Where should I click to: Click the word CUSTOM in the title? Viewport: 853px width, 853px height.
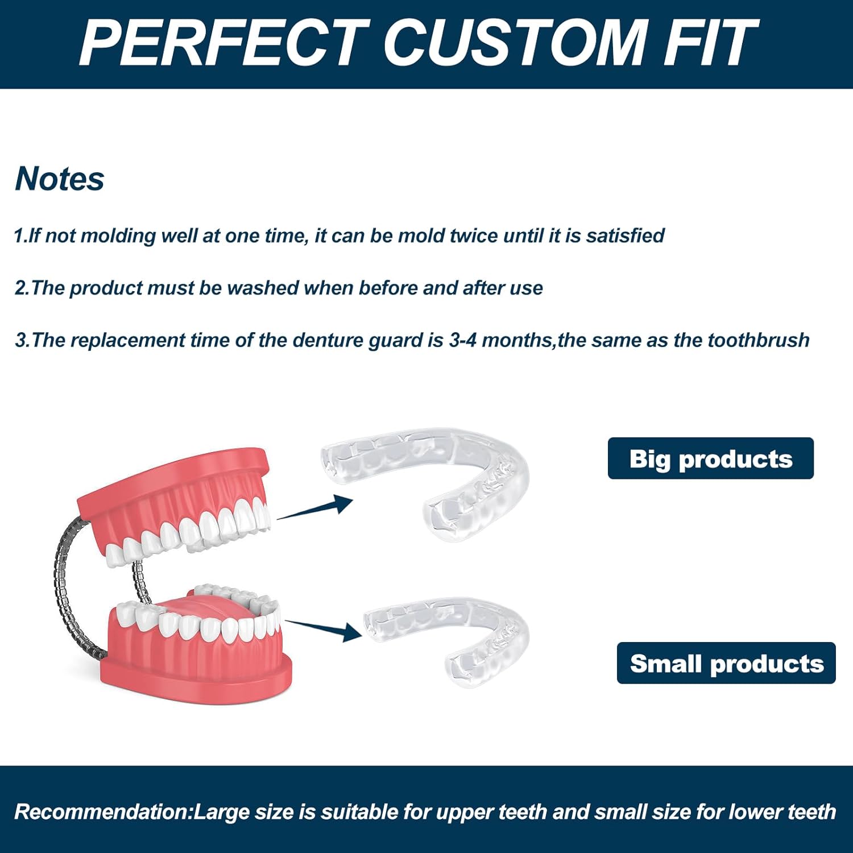(515, 42)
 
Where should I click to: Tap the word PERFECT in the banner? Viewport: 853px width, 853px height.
(225, 42)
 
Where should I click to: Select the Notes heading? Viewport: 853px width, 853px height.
(60, 179)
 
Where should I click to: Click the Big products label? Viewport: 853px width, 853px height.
(711, 458)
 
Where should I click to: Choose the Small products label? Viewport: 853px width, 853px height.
(726, 663)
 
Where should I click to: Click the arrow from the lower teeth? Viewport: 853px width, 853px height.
(323, 629)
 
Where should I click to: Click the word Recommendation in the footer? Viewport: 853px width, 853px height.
(101, 811)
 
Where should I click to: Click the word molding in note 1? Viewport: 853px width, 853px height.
(118, 235)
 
